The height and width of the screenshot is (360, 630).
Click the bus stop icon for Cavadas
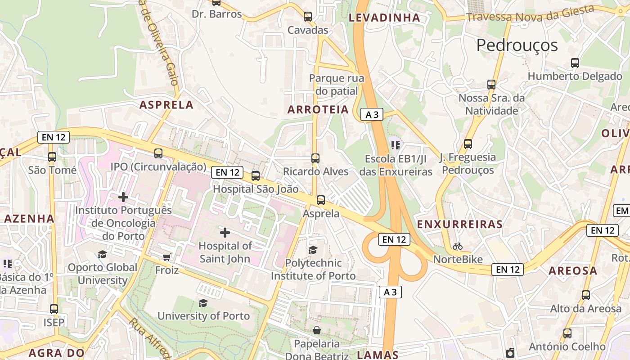308,17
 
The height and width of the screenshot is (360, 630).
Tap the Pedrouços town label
517,45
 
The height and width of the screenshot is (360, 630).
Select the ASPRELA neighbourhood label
166,105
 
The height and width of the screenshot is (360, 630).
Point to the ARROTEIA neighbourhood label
318,109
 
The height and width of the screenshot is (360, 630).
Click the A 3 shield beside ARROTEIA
372,115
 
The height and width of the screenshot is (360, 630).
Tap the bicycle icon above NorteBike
458,246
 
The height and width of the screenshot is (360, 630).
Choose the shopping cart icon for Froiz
167,257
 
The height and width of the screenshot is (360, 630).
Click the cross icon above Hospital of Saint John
225,233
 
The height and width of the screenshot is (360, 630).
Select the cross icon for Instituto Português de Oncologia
123,197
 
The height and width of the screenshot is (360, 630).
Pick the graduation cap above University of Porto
203,303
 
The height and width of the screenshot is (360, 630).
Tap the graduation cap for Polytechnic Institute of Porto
313,250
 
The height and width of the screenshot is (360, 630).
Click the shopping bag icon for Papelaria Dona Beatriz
317,331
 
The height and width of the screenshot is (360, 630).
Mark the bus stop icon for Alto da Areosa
585,295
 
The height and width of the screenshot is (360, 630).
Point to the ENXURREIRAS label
459,224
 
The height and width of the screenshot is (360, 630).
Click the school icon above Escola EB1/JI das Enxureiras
396,145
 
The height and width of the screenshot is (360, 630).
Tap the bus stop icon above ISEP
54,309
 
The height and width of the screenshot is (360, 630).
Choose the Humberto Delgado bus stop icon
575,63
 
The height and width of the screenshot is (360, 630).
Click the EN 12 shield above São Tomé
54,137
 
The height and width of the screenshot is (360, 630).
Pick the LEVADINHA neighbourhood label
384,18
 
